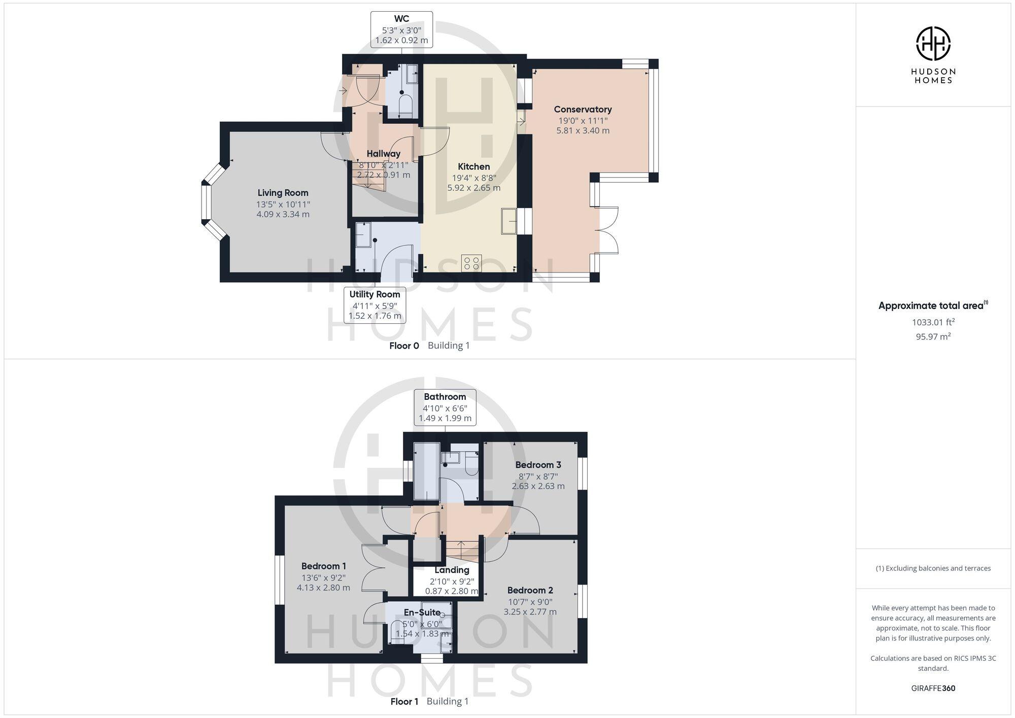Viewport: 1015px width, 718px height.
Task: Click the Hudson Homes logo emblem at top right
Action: coord(933,44)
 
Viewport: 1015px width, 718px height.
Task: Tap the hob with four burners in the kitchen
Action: coord(471,263)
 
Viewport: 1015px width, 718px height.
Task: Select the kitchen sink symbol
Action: coord(509,221)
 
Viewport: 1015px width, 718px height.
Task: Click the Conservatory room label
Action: coord(583,110)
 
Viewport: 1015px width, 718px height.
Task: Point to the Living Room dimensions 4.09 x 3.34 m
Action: coord(283,214)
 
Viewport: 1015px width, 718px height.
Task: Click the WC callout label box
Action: coord(401,29)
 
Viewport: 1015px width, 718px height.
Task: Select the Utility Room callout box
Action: coord(375,305)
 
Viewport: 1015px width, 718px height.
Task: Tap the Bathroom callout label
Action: coord(445,407)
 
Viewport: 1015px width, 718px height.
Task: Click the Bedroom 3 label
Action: coord(538,465)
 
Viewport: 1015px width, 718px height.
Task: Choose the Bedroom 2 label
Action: coord(530,590)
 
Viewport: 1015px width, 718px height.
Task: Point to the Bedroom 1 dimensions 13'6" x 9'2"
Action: coord(323,577)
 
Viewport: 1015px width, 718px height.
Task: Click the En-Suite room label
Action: coord(422,612)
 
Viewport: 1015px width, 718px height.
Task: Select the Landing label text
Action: coord(452,570)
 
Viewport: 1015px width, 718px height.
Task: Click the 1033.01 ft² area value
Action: coord(933,322)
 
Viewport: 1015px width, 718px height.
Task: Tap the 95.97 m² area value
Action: coord(933,336)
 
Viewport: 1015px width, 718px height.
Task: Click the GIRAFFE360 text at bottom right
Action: coord(933,688)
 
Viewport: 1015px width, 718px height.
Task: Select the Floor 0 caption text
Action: coord(404,346)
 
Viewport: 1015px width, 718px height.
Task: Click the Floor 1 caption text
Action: coord(404,702)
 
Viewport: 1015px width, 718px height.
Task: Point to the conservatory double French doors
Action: coord(608,230)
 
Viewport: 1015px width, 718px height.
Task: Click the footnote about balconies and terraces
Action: coord(933,568)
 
